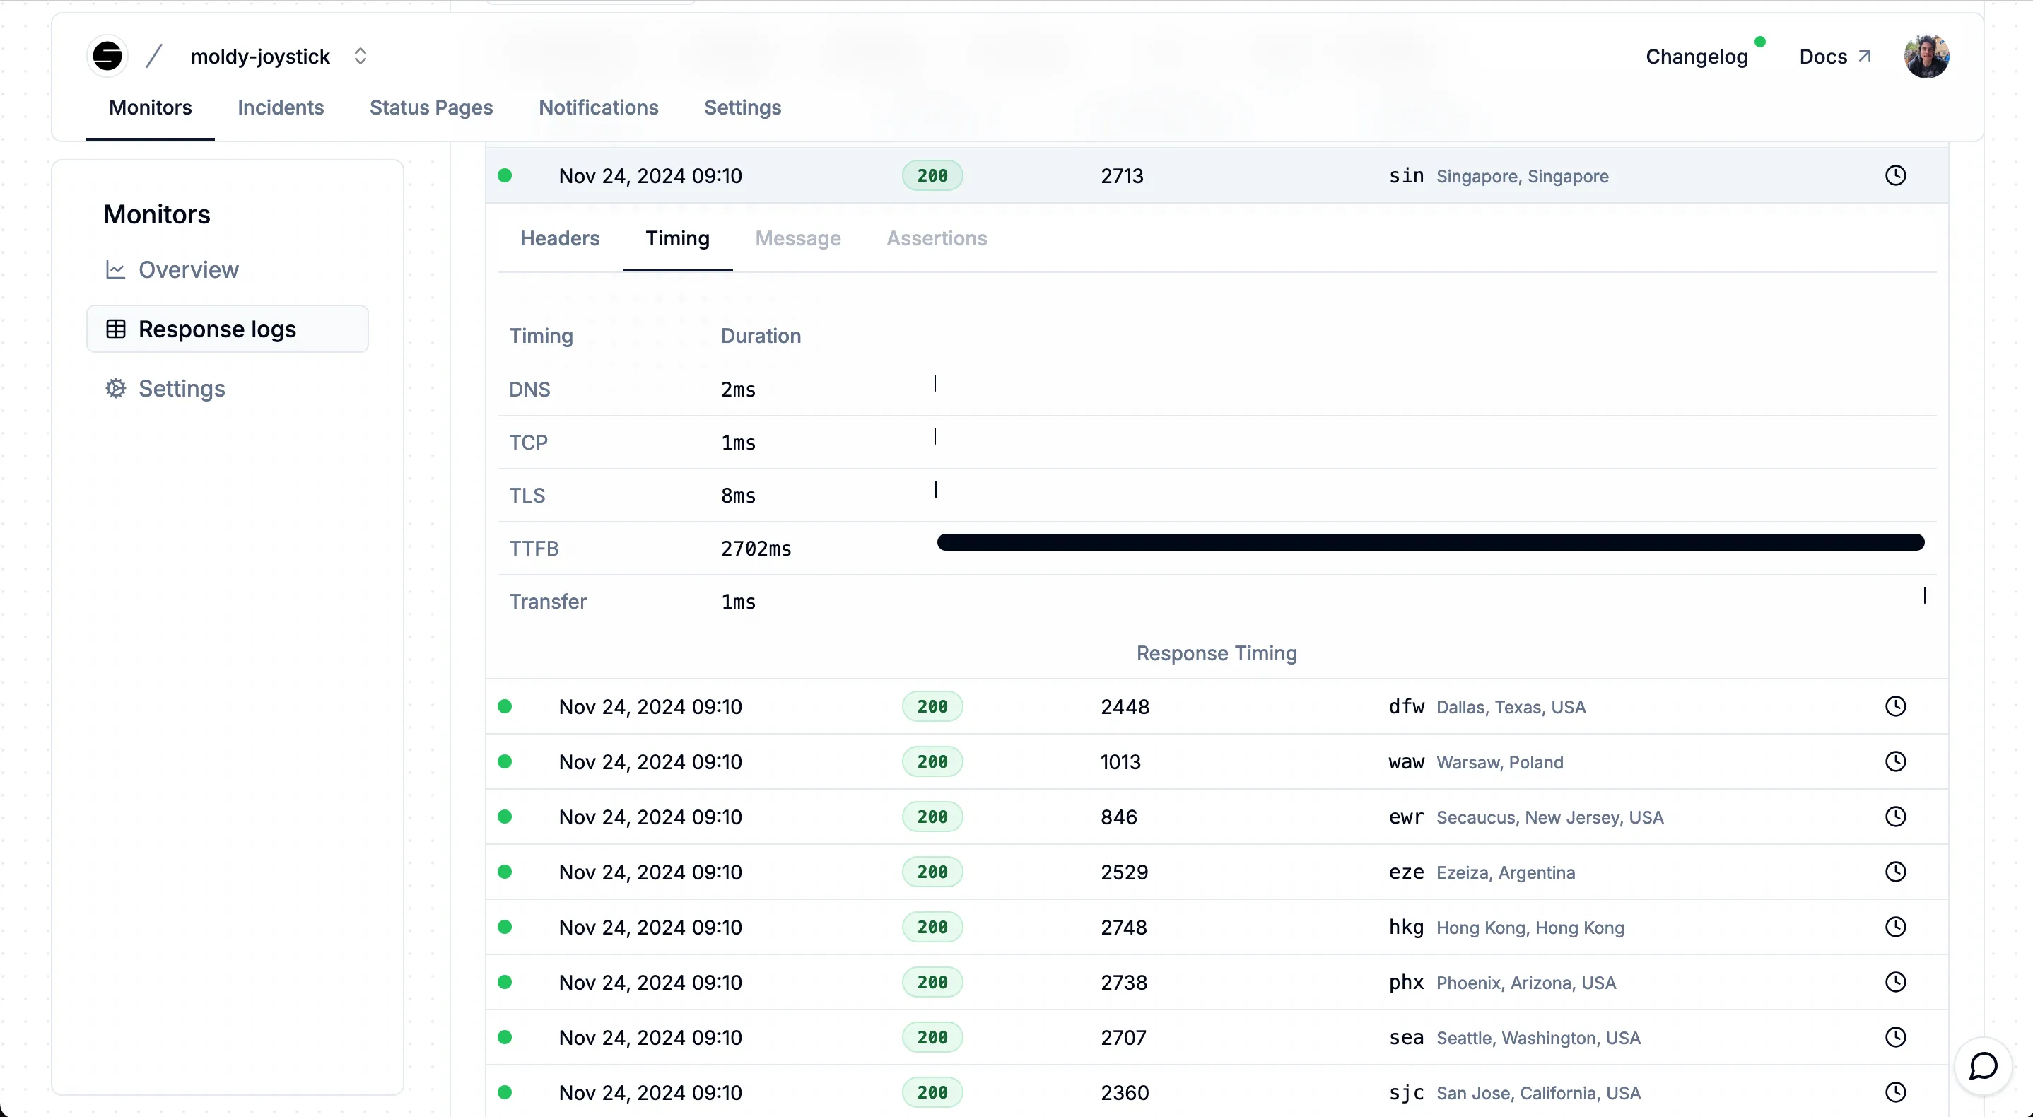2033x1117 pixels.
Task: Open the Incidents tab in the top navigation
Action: coord(280,107)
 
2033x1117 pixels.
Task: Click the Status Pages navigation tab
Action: coord(431,107)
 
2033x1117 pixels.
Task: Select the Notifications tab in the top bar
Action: coord(598,107)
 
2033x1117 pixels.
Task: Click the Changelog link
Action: coord(1696,57)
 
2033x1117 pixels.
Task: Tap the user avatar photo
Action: coord(1926,57)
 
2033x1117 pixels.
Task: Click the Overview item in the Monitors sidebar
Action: coord(188,270)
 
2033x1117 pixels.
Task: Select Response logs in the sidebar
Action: coord(217,329)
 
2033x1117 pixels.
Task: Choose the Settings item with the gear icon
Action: coord(182,388)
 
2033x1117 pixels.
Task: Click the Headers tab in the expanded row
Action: coord(560,238)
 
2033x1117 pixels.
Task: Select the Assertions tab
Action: coord(936,238)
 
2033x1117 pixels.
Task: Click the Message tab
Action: coord(797,238)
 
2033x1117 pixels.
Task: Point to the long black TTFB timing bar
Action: coord(1430,542)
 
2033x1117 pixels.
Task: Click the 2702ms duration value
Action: coord(755,549)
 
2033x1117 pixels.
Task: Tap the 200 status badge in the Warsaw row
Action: coord(932,762)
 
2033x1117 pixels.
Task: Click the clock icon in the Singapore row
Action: coord(1895,175)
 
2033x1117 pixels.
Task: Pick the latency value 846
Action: coord(1118,817)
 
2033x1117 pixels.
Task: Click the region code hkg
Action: coord(1405,927)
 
